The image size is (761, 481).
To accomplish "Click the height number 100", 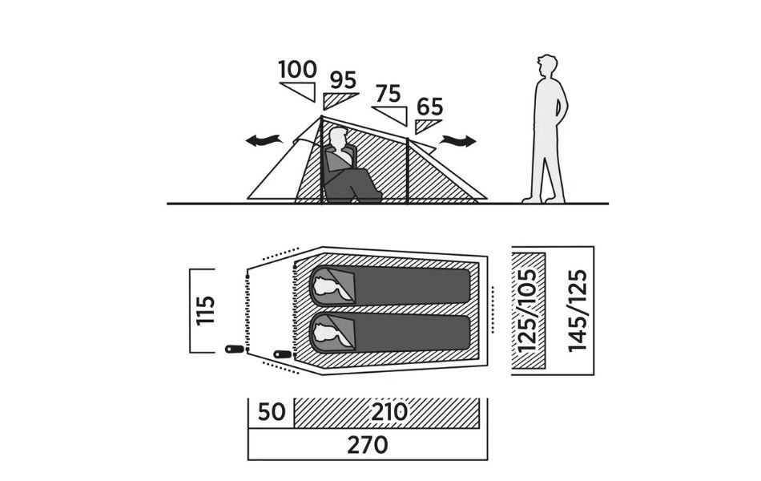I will pyautogui.click(x=298, y=70).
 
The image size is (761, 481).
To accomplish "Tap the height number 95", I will pyautogui.click(x=342, y=81).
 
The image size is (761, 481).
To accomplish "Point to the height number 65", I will pyautogui.click(x=430, y=107).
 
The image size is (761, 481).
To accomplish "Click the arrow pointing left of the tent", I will pyautogui.click(x=264, y=141).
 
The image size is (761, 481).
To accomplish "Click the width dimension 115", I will pyautogui.click(x=206, y=312).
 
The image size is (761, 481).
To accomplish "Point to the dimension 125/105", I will pyautogui.click(x=529, y=310).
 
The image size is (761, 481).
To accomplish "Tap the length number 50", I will pyautogui.click(x=272, y=414).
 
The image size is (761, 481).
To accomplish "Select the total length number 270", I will pyautogui.click(x=368, y=444).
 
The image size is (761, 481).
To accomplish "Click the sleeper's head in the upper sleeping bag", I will pyautogui.click(x=324, y=285).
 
